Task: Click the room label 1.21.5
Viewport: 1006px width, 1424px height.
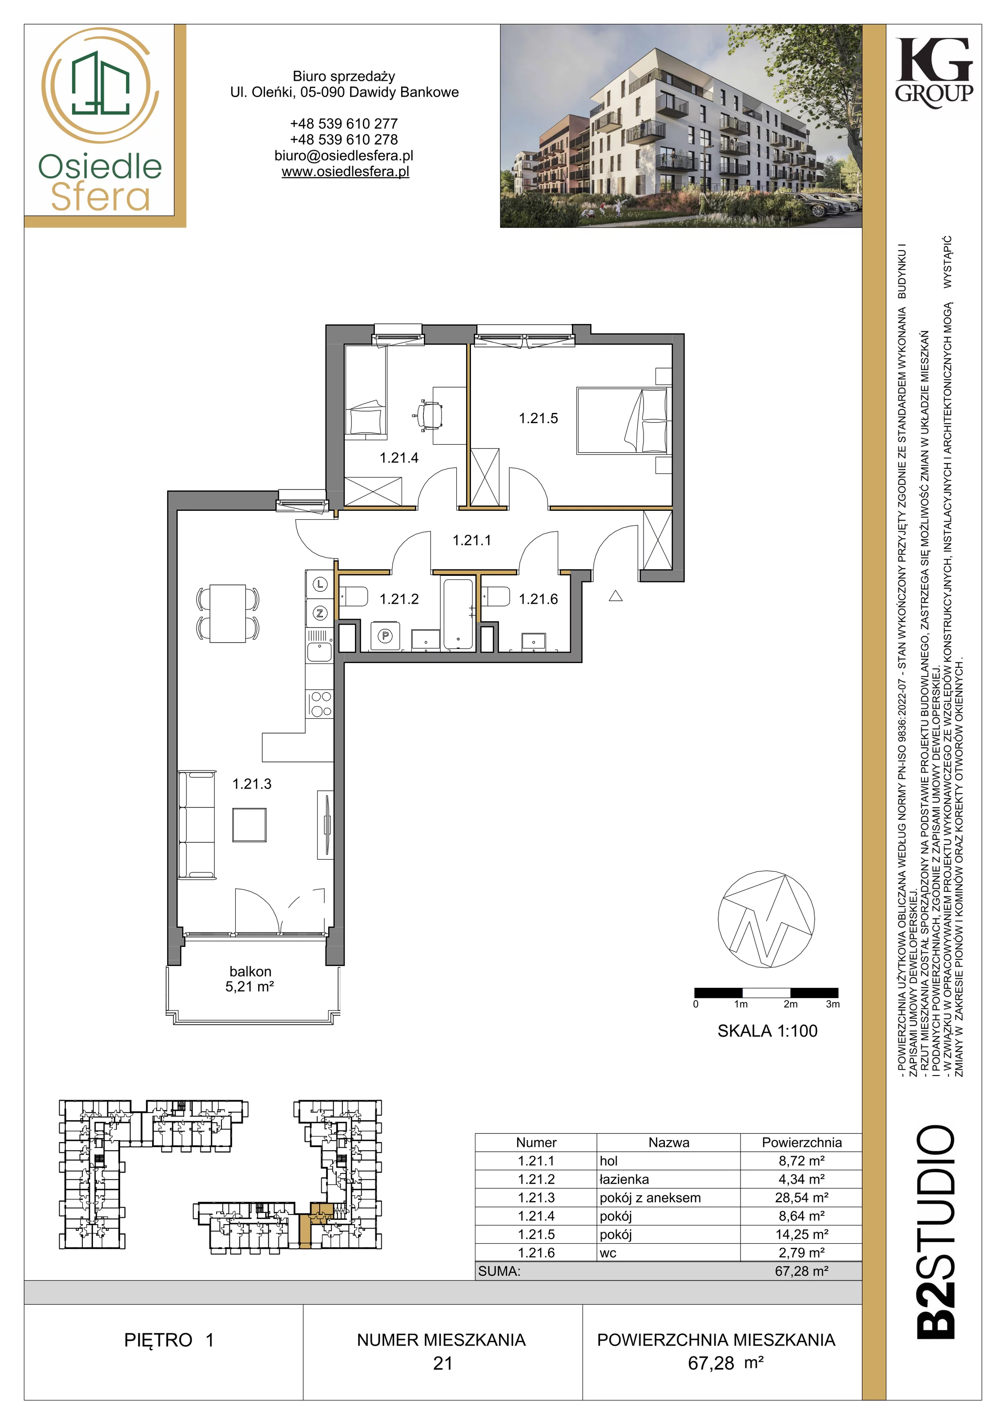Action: pos(538,419)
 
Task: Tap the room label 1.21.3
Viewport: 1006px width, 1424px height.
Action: pos(252,784)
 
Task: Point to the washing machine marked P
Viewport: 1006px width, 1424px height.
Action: pos(386,636)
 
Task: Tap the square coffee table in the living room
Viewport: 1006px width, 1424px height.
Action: pos(249,825)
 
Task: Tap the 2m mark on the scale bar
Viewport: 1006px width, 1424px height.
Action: pos(790,1004)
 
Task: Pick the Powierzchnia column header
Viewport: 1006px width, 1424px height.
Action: pos(801,1142)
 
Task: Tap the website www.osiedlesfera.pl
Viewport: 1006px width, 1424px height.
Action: pos(345,172)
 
